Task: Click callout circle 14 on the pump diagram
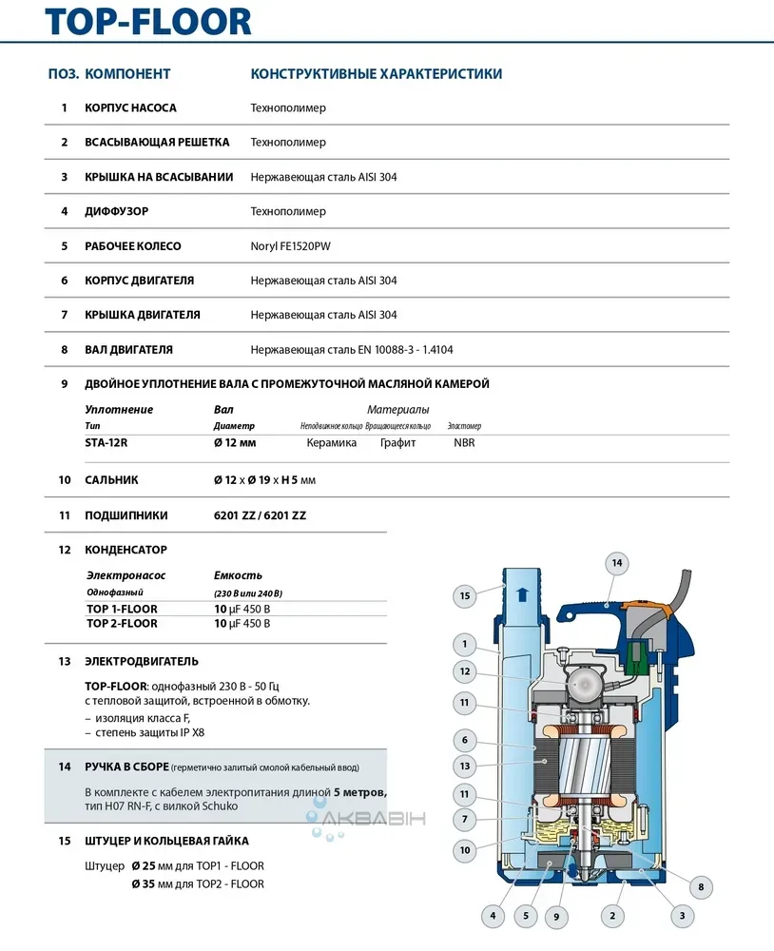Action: (616, 564)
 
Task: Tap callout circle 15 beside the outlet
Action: (465, 596)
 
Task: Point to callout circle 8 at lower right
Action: (701, 887)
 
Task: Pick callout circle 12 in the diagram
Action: (465, 671)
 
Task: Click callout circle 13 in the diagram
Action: (465, 766)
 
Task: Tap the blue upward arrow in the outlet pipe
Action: (520, 595)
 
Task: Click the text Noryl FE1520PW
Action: (291, 246)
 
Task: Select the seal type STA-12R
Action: (106, 442)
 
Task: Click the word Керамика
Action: (331, 442)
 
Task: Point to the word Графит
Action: (397, 442)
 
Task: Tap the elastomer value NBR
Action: (464, 442)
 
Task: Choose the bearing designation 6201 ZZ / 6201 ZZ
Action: (260, 515)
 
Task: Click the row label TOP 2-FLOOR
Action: (122, 624)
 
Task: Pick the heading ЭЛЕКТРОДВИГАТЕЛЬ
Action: (142, 661)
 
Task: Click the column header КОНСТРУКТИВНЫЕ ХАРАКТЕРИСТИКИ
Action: (376, 74)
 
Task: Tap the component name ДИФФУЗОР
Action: (117, 211)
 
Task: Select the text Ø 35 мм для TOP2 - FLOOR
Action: (198, 883)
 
